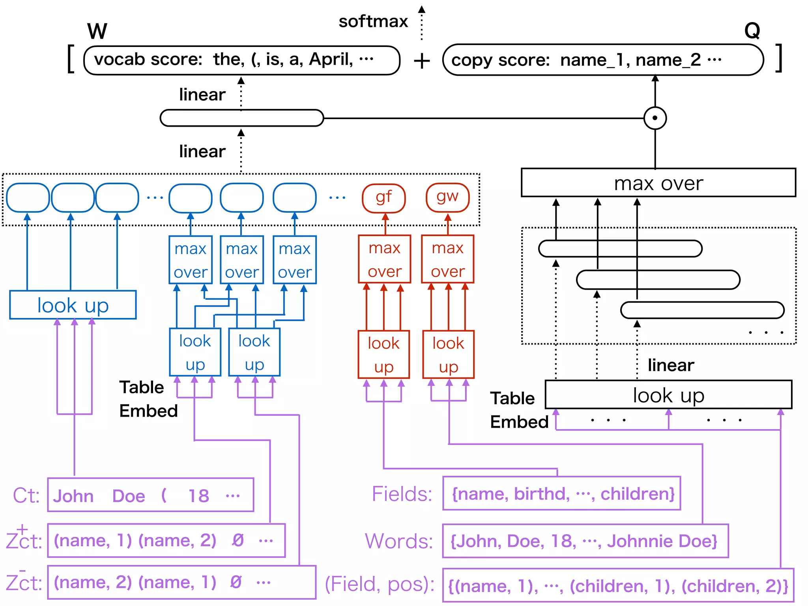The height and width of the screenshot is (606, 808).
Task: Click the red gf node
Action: [383, 198]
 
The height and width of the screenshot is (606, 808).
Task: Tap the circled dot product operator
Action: [655, 118]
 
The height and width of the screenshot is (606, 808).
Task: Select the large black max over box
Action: [658, 183]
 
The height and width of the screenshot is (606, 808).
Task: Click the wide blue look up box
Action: [73, 305]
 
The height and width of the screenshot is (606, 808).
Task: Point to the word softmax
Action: [373, 22]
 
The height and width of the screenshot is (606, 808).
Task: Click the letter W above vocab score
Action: [97, 31]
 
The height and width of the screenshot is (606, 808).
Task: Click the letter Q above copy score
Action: [752, 30]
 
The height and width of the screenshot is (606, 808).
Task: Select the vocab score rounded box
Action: [241, 60]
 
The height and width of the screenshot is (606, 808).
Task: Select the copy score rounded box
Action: [602, 60]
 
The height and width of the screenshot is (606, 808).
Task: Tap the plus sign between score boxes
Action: [422, 61]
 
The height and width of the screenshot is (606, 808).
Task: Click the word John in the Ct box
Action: [73, 496]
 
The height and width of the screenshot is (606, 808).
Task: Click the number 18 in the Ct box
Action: [198, 496]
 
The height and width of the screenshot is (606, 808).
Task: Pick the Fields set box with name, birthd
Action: [561, 494]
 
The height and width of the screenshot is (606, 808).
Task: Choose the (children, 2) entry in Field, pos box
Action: [734, 586]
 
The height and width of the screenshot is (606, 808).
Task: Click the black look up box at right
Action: [668, 395]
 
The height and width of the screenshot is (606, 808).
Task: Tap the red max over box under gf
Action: [384, 259]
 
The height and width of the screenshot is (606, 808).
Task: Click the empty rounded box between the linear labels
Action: [241, 118]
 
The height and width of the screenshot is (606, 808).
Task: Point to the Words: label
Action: [398, 541]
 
